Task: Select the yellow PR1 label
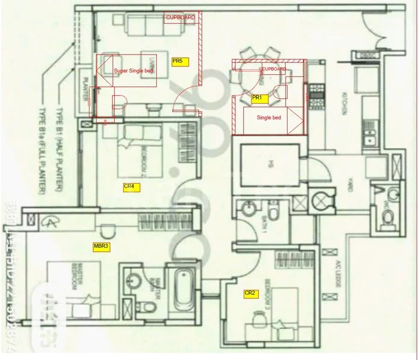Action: [259, 97]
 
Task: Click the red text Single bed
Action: [268, 118]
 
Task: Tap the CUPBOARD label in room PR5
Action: [181, 19]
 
